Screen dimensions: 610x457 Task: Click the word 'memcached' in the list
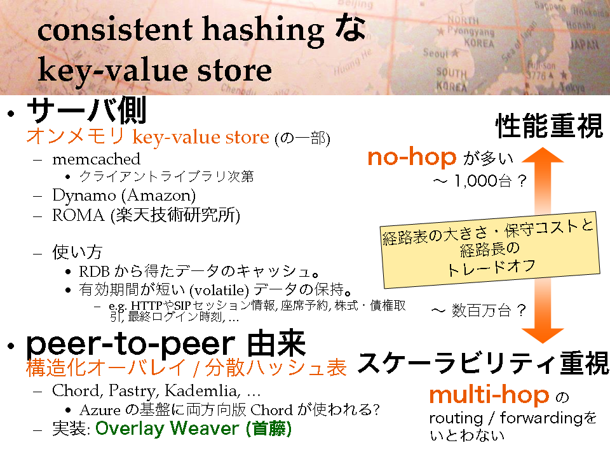96,159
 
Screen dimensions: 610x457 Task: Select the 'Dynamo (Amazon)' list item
124,195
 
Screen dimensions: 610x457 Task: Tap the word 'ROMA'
79,215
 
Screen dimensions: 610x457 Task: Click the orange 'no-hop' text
412,157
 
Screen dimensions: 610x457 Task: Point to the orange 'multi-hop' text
489,395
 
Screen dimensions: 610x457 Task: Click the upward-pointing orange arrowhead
542,156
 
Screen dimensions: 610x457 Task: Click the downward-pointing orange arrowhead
542,335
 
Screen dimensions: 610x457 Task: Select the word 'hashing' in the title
263,30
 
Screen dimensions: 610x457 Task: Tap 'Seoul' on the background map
436,53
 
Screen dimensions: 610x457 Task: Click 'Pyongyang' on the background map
470,30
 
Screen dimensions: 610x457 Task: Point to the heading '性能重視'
549,126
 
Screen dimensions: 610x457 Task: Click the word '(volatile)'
219,290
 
